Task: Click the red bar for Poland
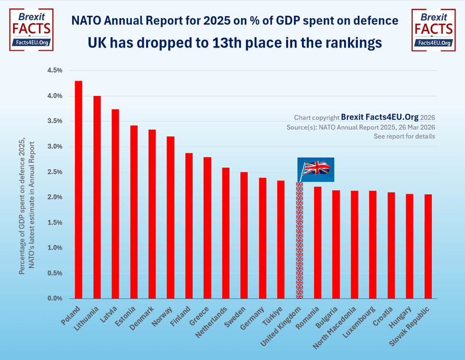78,190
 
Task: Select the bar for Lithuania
97,197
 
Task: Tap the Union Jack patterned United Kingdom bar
299,240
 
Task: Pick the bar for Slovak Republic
428,246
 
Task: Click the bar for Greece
207,228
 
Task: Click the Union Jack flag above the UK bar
316,169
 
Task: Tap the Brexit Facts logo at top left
31,29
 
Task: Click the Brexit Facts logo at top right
433,29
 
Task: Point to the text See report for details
404,136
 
